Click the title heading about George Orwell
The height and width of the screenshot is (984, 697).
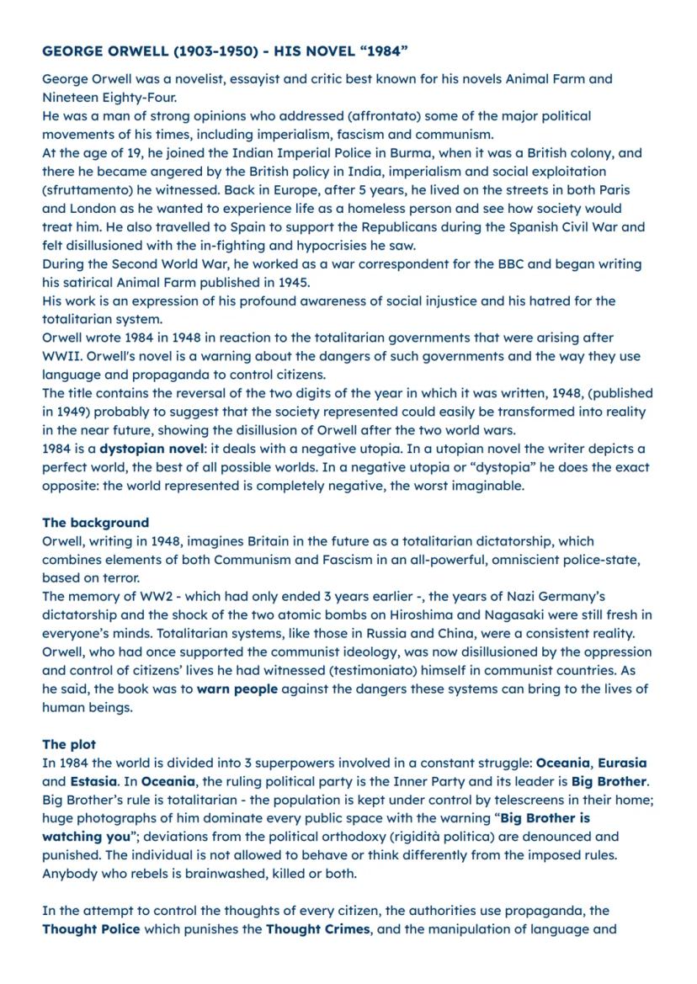[225, 52]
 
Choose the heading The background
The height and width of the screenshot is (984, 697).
[95, 523]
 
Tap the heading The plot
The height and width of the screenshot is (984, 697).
[69, 745]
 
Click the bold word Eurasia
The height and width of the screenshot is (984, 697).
[622, 763]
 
